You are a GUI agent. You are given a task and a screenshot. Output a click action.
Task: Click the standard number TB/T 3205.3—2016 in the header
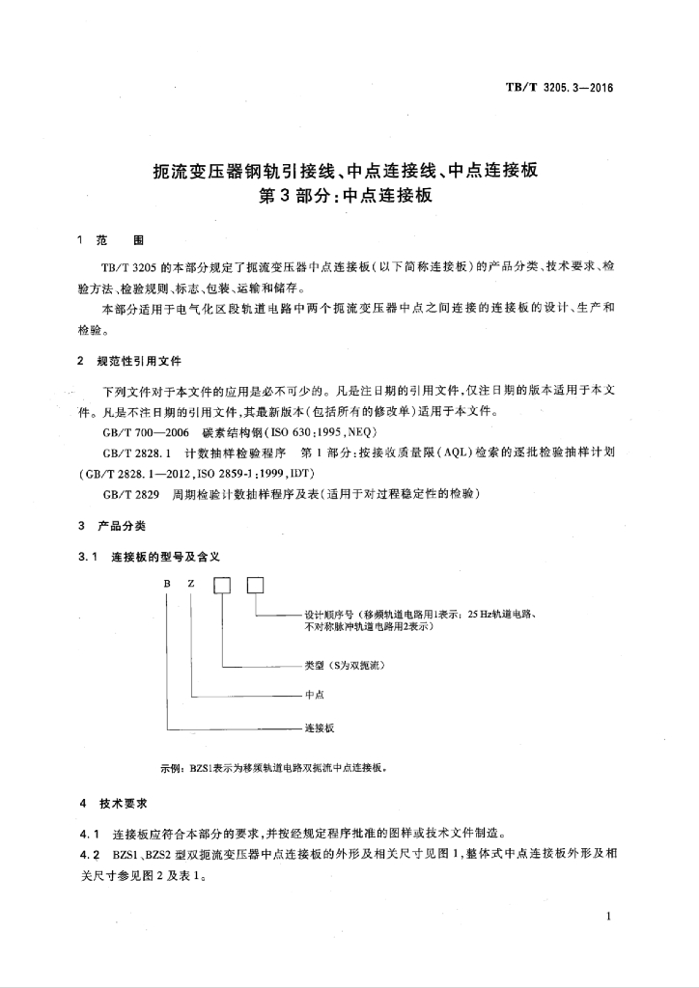[x=559, y=88]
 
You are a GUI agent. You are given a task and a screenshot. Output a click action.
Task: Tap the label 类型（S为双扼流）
[x=346, y=666]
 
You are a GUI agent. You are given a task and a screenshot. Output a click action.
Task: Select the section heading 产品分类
[x=122, y=526]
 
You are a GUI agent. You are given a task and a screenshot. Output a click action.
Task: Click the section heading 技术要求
[x=122, y=803]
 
